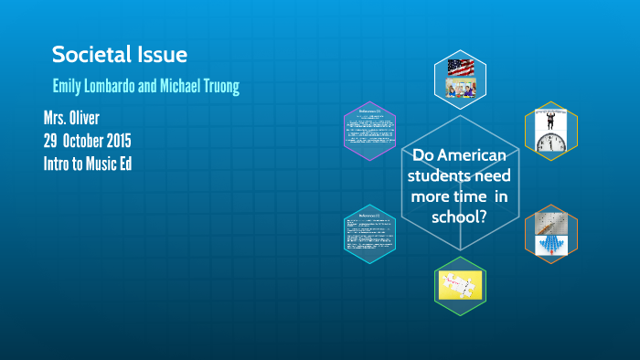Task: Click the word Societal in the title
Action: (x=88, y=55)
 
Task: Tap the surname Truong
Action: (x=217, y=87)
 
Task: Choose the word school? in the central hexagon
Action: (x=458, y=217)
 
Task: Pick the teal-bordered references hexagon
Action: (x=368, y=234)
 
